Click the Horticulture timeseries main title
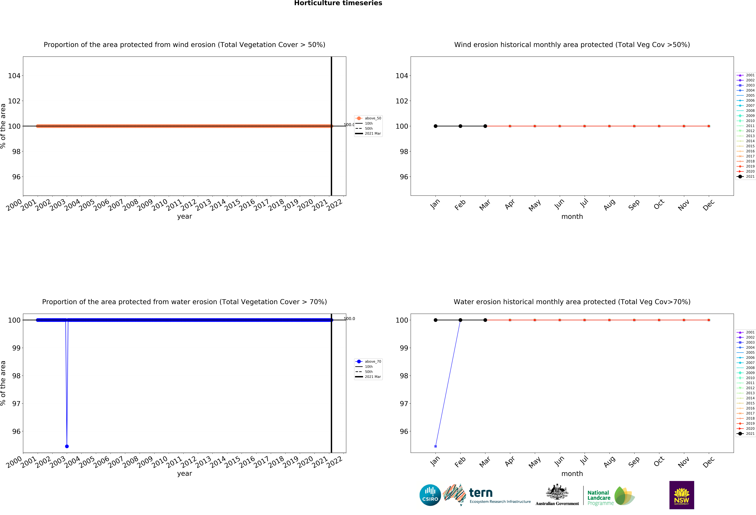coord(338,3)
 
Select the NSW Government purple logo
coord(681,495)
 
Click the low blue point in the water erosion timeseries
coord(67,446)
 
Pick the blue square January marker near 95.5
coord(436,446)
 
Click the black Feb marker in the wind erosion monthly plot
coord(460,126)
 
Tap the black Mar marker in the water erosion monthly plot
coord(485,320)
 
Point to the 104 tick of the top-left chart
coord(14,76)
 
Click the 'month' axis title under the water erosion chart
coord(572,473)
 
